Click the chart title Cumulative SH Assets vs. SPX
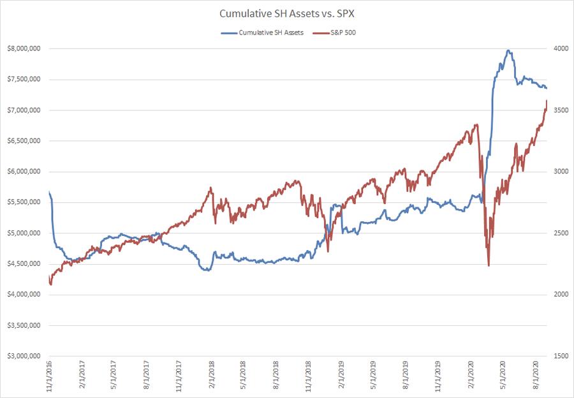click(287, 13)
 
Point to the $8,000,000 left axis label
click(22, 49)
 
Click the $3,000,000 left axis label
click(22, 356)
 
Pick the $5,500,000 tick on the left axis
click(22, 202)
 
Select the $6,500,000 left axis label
click(22, 141)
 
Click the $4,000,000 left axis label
click(22, 295)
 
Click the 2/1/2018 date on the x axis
click(212, 376)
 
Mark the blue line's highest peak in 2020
click(508, 50)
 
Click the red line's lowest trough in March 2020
click(489, 265)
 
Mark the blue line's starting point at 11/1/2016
click(49, 191)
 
